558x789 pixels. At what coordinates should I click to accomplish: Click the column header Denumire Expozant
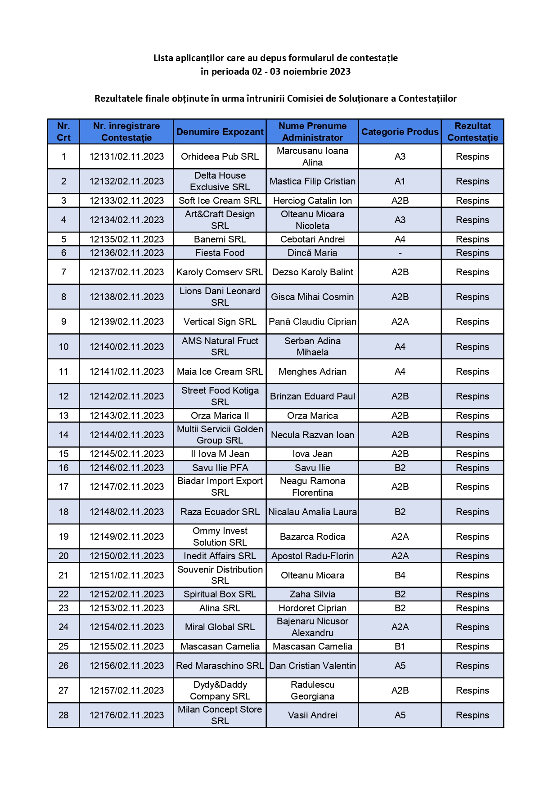tap(220, 132)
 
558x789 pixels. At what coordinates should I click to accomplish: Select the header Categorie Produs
tap(400, 132)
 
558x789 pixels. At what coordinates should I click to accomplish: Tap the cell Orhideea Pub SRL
tap(220, 157)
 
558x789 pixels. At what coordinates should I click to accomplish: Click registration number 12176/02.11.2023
tap(126, 715)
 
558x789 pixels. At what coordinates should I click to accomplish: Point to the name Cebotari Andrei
tap(312, 239)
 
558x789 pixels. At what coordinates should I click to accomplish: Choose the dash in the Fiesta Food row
tap(400, 253)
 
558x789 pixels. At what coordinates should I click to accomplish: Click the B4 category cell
tap(400, 575)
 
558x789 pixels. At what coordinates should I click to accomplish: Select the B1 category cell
tap(400, 646)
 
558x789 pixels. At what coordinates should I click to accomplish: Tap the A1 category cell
tap(400, 181)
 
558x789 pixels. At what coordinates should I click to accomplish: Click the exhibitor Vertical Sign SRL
tap(220, 322)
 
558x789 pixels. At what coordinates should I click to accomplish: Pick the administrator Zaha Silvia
tap(312, 594)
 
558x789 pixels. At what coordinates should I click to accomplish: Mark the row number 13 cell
tap(63, 416)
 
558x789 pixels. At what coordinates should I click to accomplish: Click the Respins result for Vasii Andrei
tap(472, 715)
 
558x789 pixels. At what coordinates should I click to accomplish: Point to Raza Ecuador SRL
tap(220, 512)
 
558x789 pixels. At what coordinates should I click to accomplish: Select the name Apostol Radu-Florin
tap(312, 556)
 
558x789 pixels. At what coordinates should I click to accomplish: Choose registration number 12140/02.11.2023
tap(126, 347)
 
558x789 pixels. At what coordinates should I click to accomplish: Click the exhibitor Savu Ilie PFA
tap(220, 468)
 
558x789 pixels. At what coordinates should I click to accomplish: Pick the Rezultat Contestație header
tap(472, 132)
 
